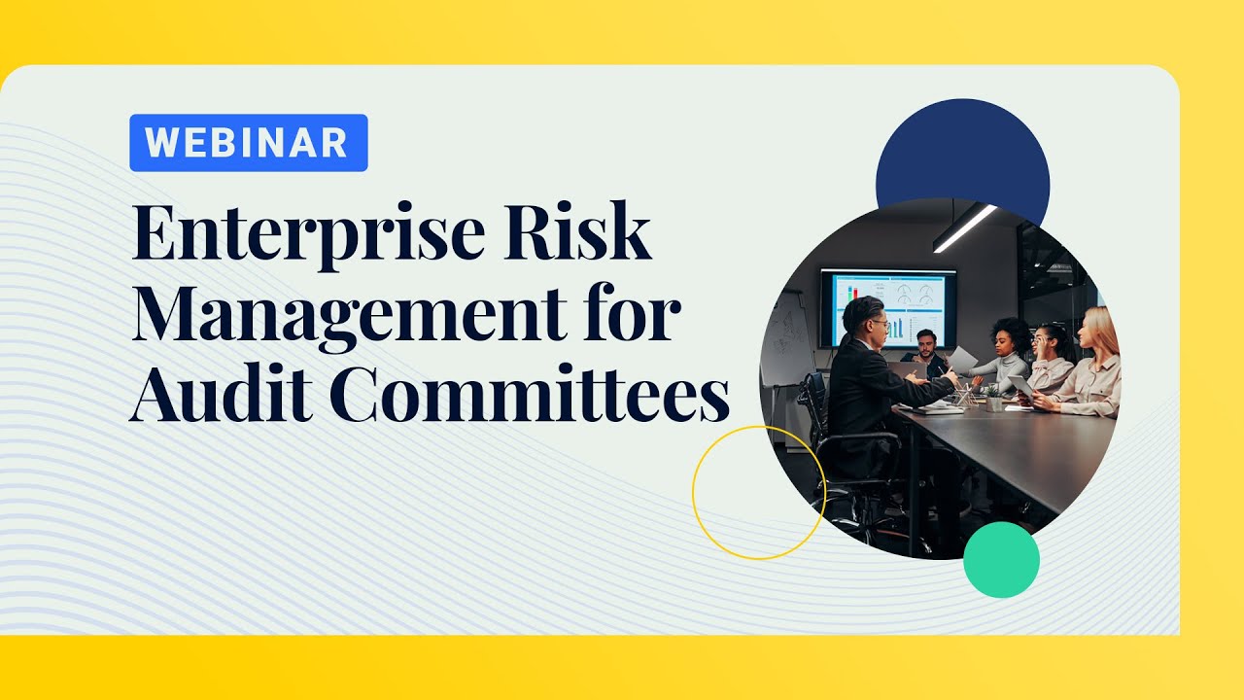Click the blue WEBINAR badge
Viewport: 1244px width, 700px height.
(248, 143)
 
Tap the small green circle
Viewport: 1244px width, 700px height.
(1001, 559)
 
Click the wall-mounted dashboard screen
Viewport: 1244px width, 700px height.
(888, 307)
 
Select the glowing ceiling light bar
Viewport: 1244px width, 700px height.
(964, 228)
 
